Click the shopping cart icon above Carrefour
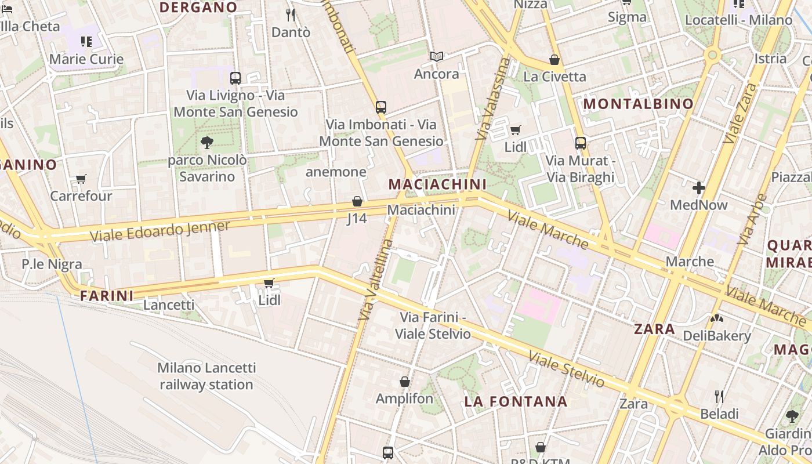coord(81,179)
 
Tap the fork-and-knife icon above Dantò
coord(291,15)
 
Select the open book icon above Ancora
coord(437,57)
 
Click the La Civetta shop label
coord(554,77)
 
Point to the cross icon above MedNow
coord(698,188)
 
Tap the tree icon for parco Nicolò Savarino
coord(206,142)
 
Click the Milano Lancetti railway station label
coord(206,376)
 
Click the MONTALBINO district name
coord(638,104)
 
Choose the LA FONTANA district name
coord(516,401)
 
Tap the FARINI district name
coord(107,296)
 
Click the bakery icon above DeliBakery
coord(716,318)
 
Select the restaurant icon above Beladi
coord(719,397)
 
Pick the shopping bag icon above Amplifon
coord(405,382)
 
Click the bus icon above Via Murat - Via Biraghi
coord(580,143)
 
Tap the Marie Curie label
coord(86,59)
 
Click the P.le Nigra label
coord(52,264)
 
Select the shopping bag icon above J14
coord(357,201)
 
